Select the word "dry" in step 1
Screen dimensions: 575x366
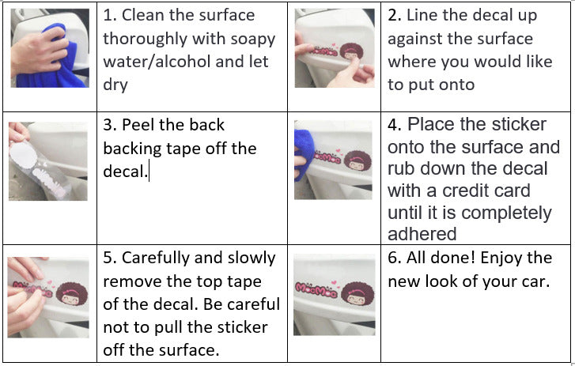coord(115,85)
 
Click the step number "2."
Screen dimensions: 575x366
coord(395,15)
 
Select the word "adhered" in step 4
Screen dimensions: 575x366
coord(422,234)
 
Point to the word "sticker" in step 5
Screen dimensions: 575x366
coord(244,327)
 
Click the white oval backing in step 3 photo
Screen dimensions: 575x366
coord(23,155)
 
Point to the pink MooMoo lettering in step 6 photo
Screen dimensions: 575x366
coord(316,290)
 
